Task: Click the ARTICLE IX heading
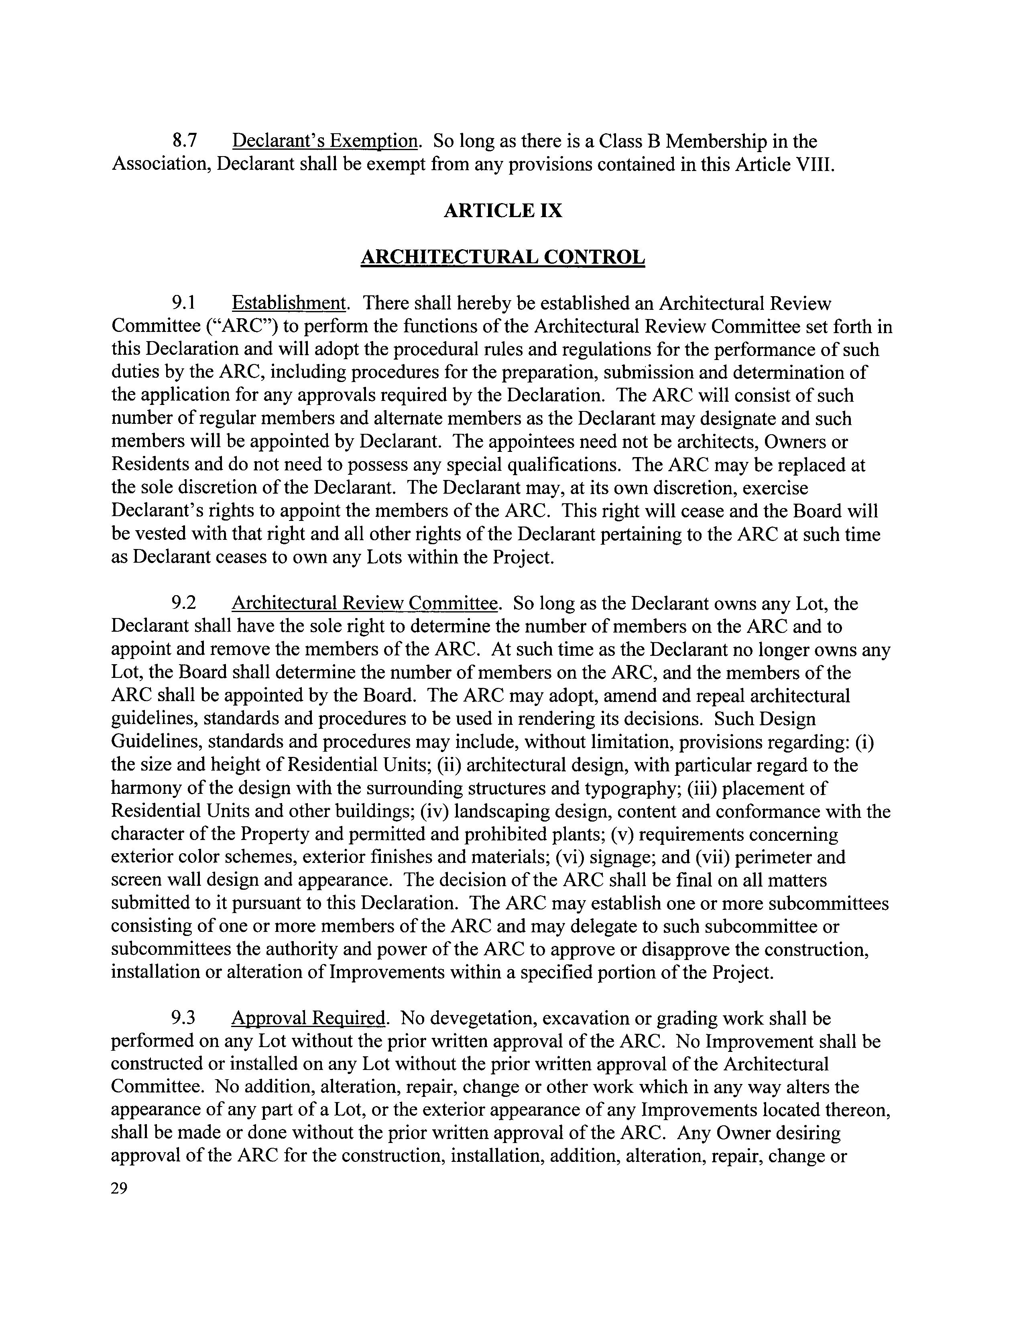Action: [503, 211]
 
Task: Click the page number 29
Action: [119, 1188]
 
